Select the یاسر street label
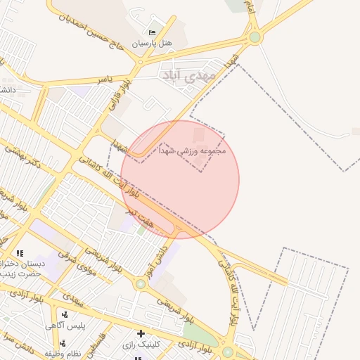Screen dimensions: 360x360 105,79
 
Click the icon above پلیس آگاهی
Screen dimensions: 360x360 65,314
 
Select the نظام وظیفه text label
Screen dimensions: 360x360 60,352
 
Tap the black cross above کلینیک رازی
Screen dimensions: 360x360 141,333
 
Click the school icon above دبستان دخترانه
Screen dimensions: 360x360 20,253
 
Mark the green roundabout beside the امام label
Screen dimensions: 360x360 255,37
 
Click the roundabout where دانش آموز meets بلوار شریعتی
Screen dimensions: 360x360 140,284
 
